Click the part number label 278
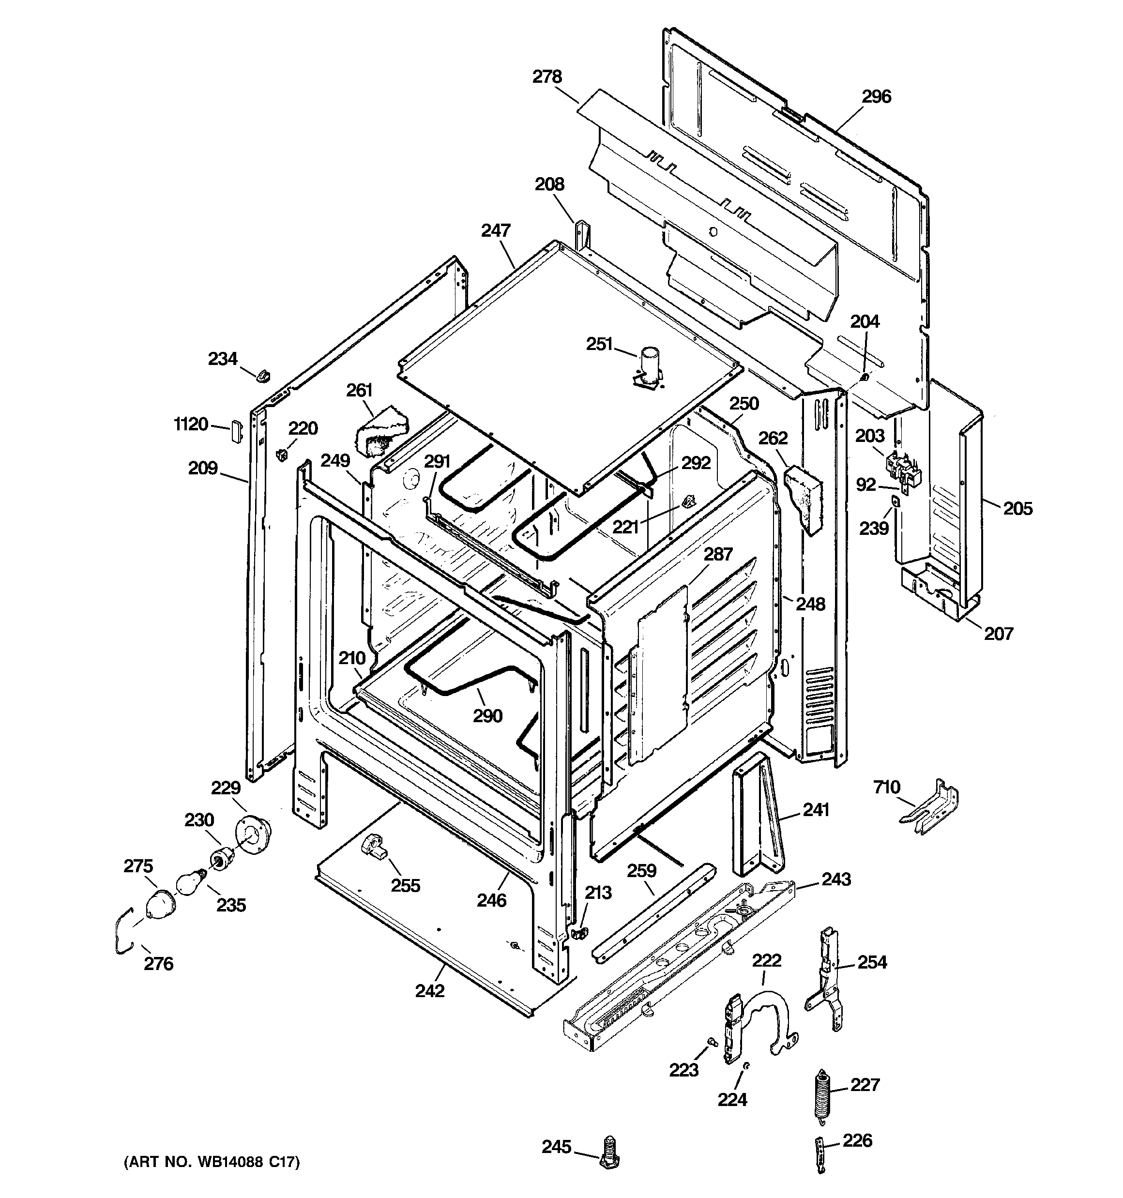click(546, 77)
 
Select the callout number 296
click(876, 96)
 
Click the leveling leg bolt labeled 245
click(610, 1153)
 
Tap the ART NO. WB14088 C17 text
click(212, 1161)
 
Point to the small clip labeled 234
click(263, 376)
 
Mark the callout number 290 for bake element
click(487, 716)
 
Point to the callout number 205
click(1017, 508)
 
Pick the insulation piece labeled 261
click(380, 430)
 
